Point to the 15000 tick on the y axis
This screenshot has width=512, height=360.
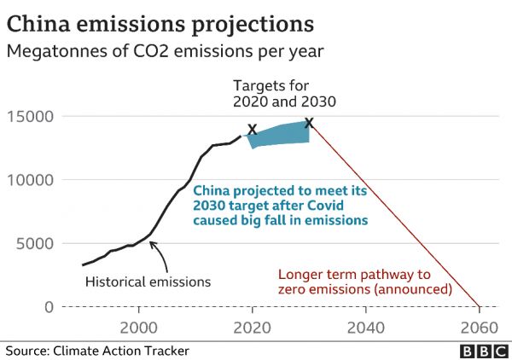(x=31, y=117)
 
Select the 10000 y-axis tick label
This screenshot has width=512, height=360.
(x=31, y=181)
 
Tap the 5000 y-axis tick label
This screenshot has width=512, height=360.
(x=35, y=244)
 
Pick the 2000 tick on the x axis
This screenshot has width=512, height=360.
(x=138, y=328)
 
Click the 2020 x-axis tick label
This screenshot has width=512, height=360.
(x=252, y=328)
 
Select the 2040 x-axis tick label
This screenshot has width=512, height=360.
(x=365, y=328)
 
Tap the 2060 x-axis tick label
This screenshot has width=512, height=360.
(x=479, y=328)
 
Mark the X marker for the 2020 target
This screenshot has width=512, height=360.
(x=252, y=130)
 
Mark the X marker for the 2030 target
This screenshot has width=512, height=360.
(x=309, y=123)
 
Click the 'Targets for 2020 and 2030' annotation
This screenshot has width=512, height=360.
(x=284, y=93)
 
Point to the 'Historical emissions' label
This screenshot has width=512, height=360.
(x=148, y=281)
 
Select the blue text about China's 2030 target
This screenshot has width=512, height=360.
(x=280, y=206)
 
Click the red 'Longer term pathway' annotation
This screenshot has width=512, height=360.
(x=364, y=282)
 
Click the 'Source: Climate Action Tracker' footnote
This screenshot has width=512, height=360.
(x=97, y=351)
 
